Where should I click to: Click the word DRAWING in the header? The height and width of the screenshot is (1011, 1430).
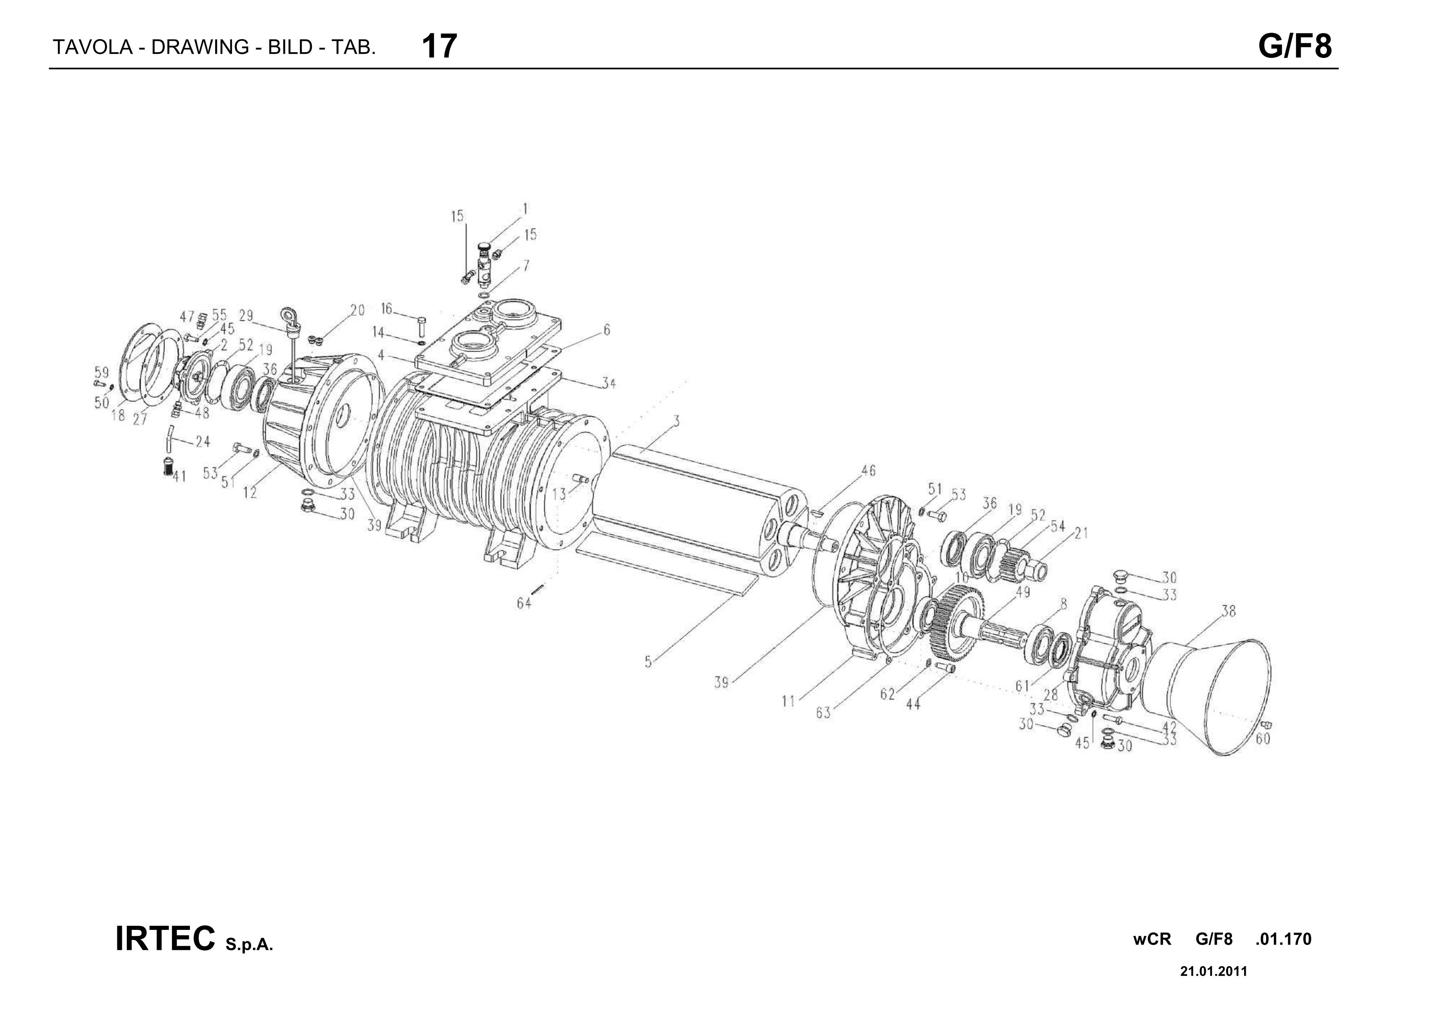(x=201, y=47)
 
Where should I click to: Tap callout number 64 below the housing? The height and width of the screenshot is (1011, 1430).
(x=524, y=603)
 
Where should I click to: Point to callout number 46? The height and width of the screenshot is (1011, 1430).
(x=868, y=471)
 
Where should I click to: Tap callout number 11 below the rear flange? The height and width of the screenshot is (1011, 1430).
(x=788, y=702)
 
